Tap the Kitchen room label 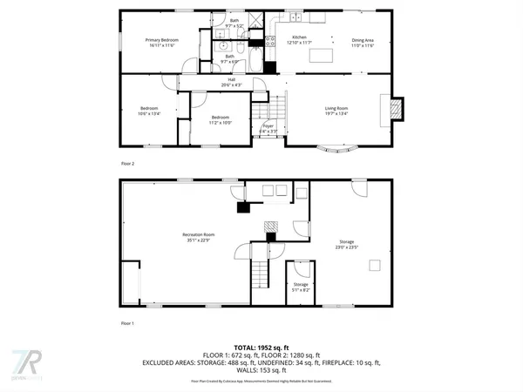pyautogui.click(x=299, y=38)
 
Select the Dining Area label pyautogui.click(x=363, y=40)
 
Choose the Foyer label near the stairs pyautogui.click(x=268, y=126)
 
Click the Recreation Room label pyautogui.click(x=198, y=234)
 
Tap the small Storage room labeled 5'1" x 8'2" pyautogui.click(x=300, y=284)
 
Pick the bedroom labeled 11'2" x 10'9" pyautogui.click(x=219, y=120)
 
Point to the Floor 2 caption pyautogui.click(x=128, y=163)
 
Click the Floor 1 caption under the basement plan pyautogui.click(x=128, y=323)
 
